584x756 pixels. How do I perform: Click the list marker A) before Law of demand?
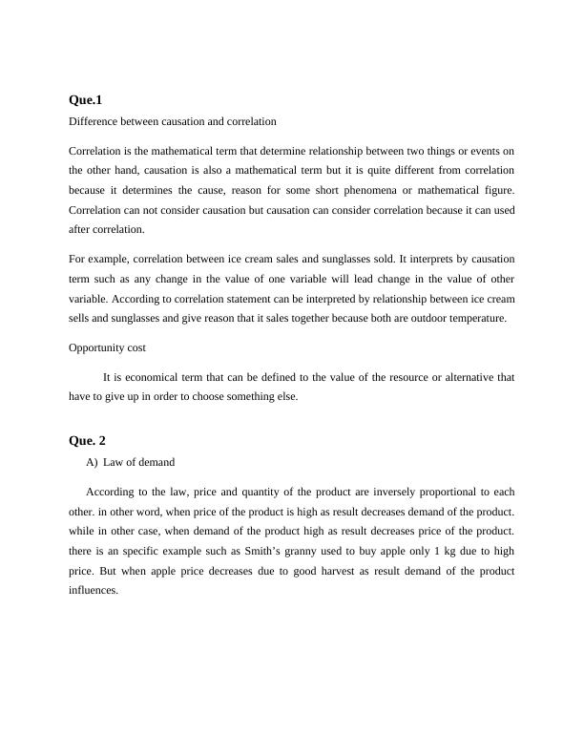click(x=92, y=462)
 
